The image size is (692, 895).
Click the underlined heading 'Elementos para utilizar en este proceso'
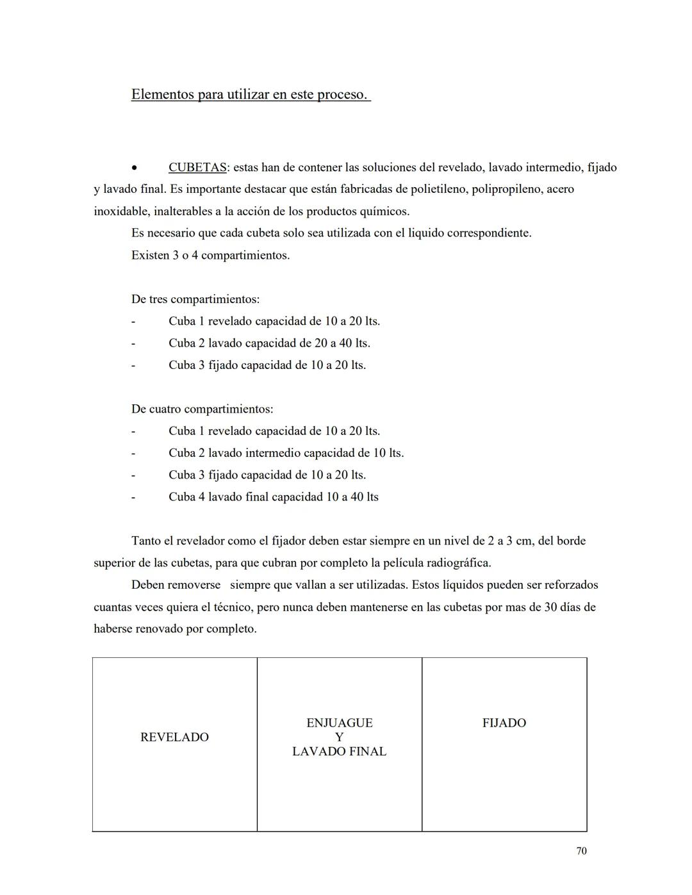pos(250,95)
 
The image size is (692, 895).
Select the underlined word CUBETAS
pos(197,168)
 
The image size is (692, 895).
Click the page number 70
pos(581,851)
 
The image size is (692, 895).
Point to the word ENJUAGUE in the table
pos(339,723)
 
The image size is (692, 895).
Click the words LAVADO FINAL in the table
pos(339,751)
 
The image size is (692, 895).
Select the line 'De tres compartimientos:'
pos(195,299)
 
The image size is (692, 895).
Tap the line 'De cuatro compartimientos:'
pos(202,409)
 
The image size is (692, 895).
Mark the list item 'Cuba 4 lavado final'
pos(274,497)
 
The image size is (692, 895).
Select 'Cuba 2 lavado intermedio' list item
pos(286,453)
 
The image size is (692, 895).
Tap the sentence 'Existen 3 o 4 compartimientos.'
pos(210,256)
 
